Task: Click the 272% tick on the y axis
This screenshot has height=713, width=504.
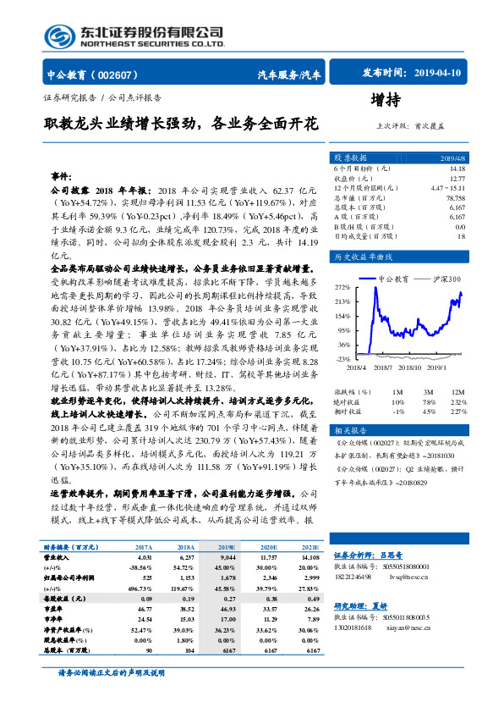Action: pos(342,286)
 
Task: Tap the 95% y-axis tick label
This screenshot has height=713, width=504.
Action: pos(343,329)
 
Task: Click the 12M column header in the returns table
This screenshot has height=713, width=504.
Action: pos(457,392)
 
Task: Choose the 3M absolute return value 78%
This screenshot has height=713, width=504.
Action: pos(428,401)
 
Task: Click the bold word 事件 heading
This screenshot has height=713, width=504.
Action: pos(62,176)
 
